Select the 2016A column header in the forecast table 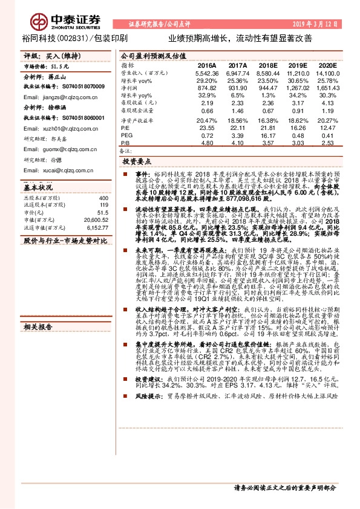[x=207, y=65]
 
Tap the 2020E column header [x=327, y=65]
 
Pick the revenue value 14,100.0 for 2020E [x=327, y=73]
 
